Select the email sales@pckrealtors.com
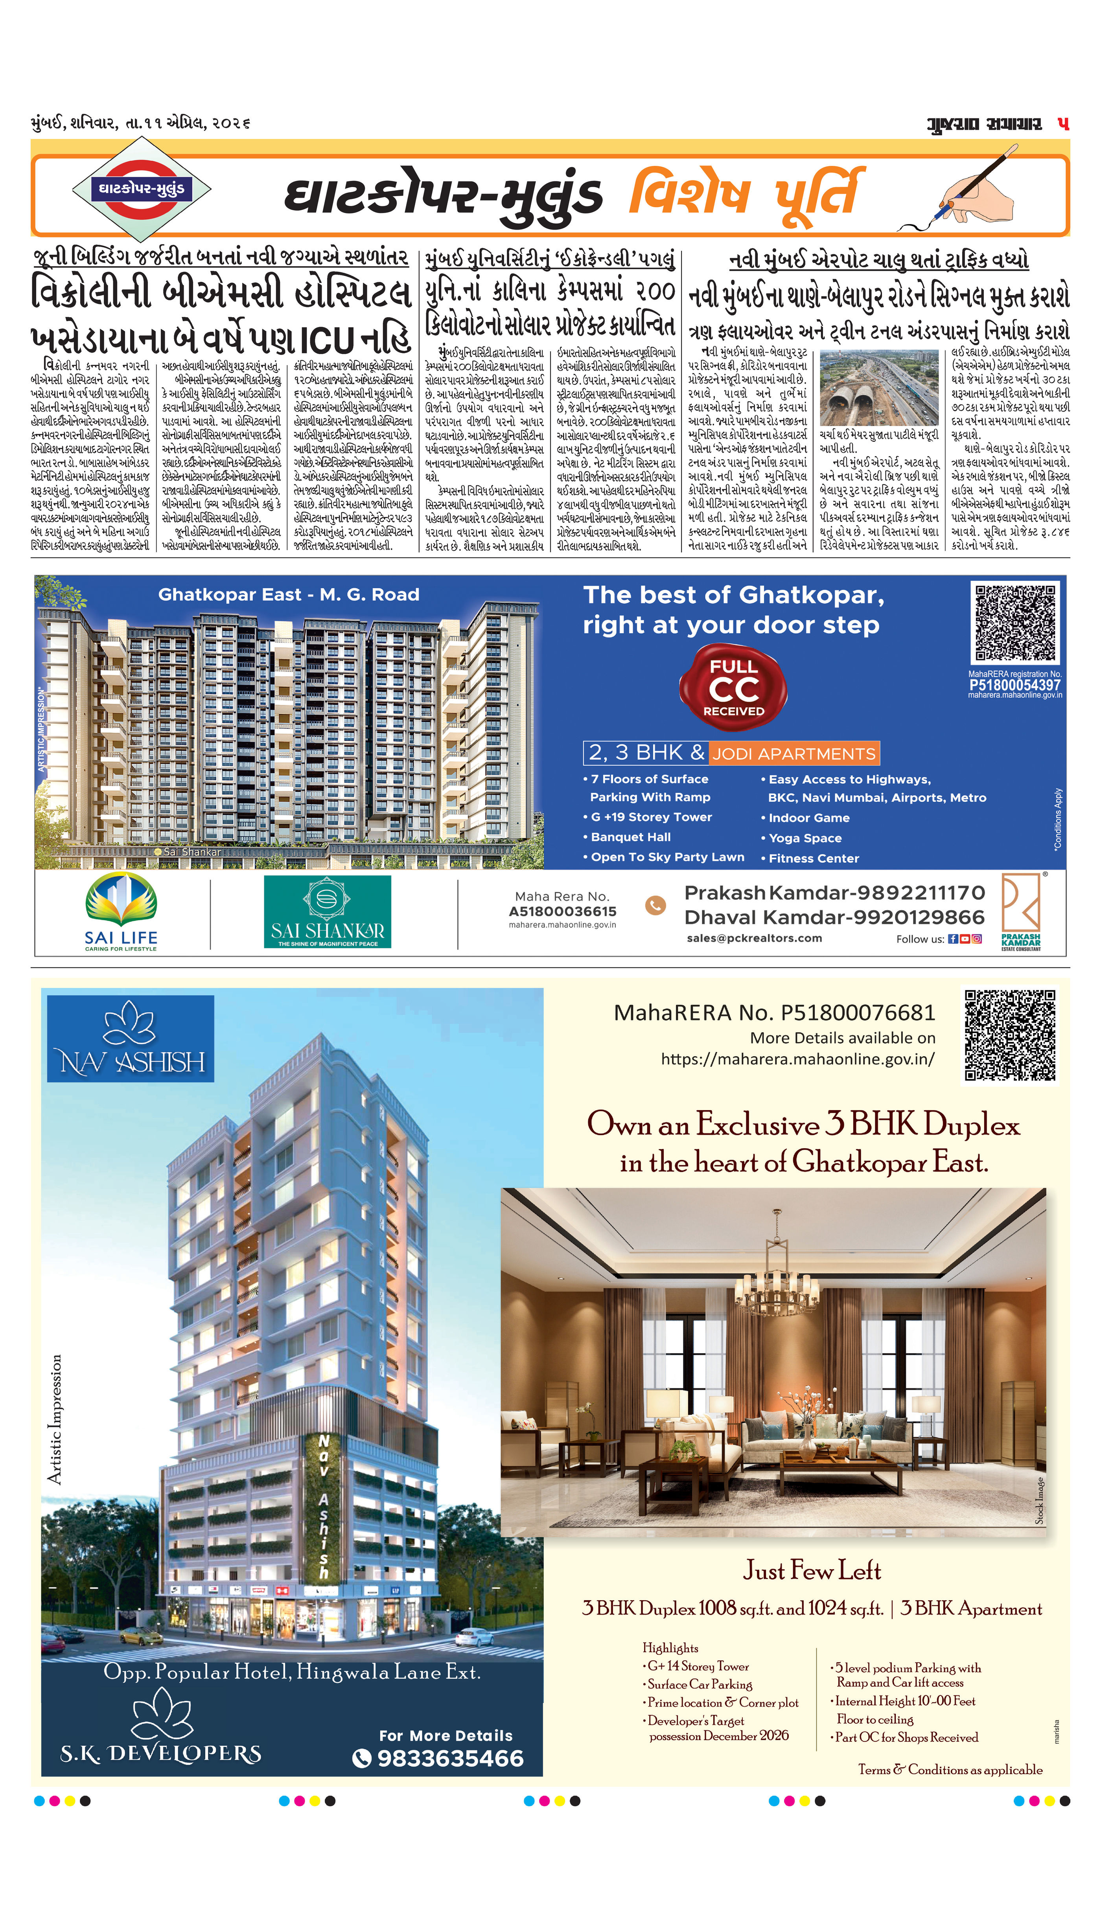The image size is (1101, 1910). tap(754, 938)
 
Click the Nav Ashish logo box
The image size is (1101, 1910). tap(130, 1039)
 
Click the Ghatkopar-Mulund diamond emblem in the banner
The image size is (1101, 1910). tap(141, 188)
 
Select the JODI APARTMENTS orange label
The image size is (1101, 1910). tap(794, 754)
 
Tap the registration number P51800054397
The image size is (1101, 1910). tap(1015, 685)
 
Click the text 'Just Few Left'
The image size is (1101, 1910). tap(812, 1571)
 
